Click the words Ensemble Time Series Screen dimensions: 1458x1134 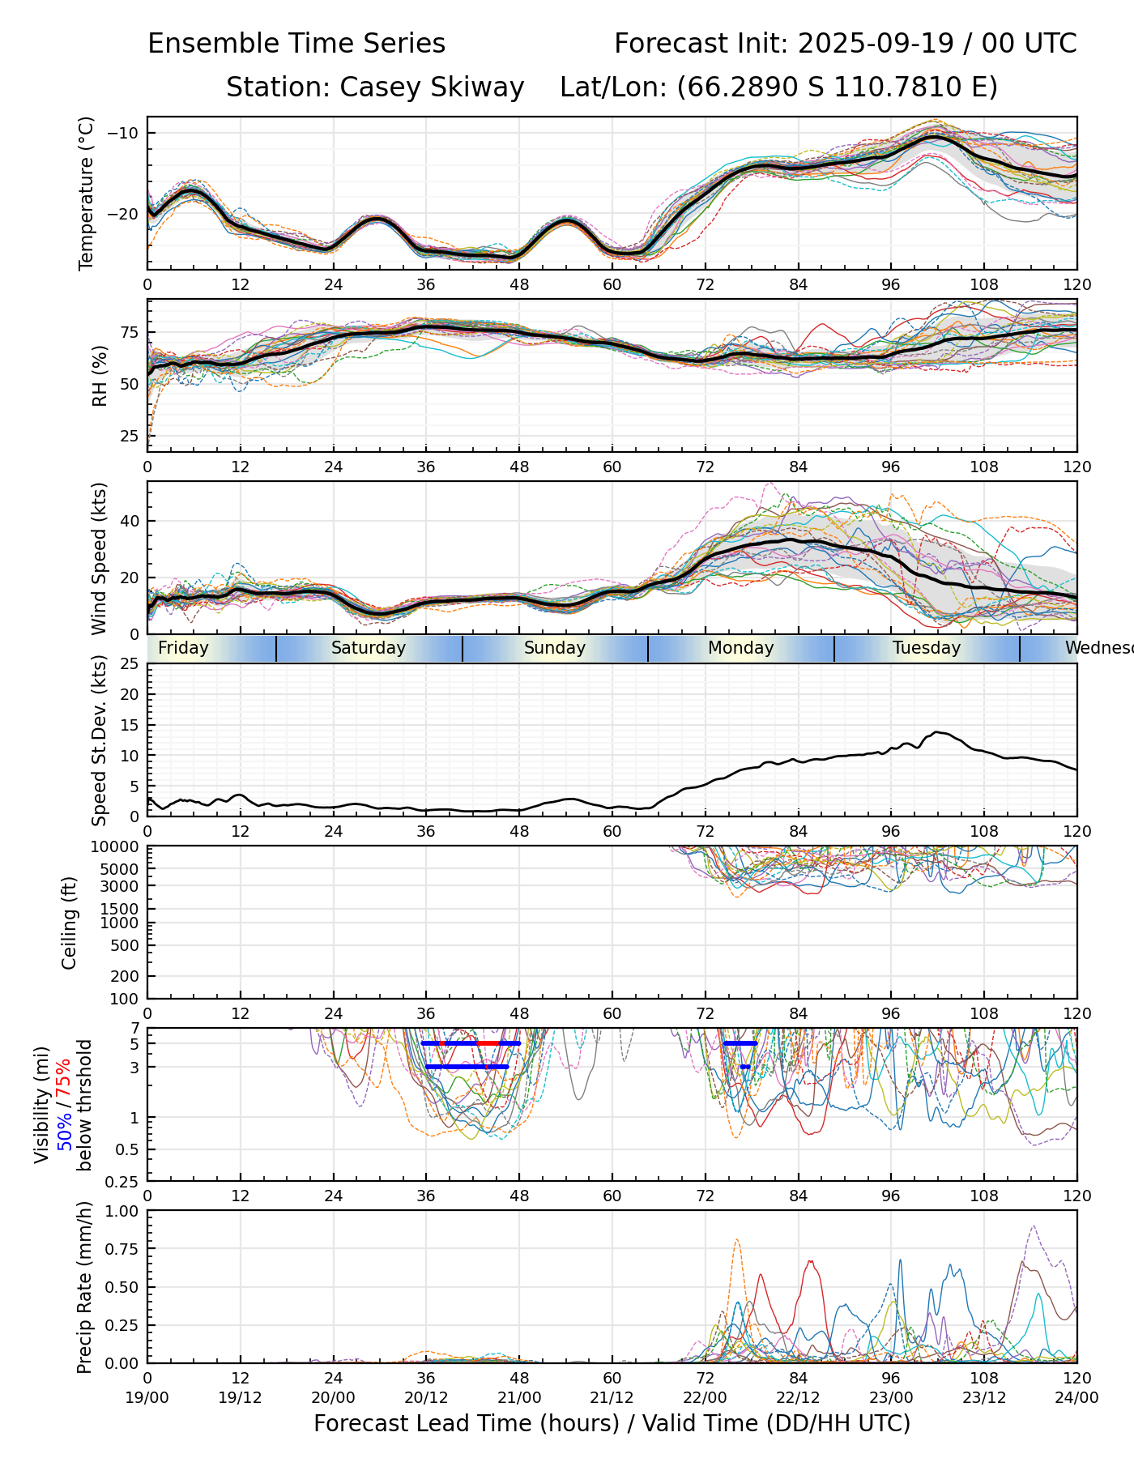coord(296,44)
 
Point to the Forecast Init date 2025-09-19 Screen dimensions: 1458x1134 coord(876,44)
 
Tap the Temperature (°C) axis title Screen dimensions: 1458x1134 coord(87,193)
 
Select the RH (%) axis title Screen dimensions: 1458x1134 coord(100,376)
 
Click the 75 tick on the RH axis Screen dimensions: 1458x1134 coord(130,332)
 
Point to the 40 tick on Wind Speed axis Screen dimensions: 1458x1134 coord(130,521)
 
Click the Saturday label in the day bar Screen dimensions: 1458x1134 coord(369,648)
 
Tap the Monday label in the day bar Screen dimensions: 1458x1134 coord(741,648)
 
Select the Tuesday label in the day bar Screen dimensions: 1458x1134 coord(927,648)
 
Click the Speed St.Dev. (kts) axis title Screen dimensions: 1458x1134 coord(100,740)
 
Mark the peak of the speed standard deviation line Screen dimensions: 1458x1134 coord(937,732)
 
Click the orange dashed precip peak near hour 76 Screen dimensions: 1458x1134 coord(736,1239)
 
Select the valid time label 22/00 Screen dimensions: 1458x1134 coord(705,1397)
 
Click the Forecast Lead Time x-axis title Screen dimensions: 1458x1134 coord(612,1424)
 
